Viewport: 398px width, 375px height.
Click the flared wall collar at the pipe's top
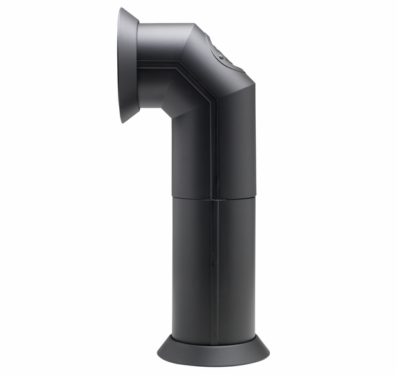[x=128, y=64]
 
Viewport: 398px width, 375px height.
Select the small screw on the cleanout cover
[x=221, y=57]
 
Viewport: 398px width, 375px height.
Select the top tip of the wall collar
[x=122, y=9]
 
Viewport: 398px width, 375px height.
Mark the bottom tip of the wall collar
[x=124, y=121]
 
